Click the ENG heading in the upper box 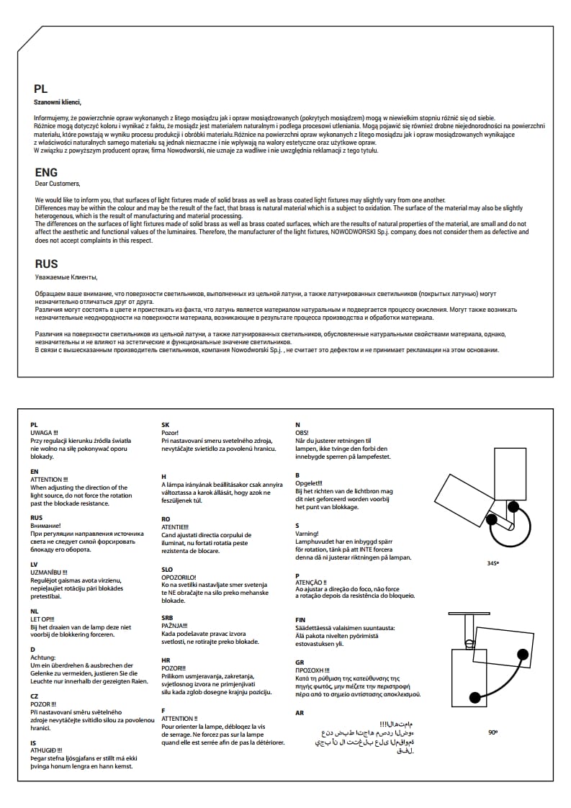46,173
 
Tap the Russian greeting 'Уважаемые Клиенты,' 66,276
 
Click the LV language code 35,564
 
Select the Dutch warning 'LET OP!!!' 42,619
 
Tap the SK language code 166,425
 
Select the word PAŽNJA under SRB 174,626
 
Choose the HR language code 166,660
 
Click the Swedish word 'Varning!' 307,534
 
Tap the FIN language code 300,619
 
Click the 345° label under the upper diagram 493,563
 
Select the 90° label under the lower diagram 493,732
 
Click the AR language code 300,712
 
